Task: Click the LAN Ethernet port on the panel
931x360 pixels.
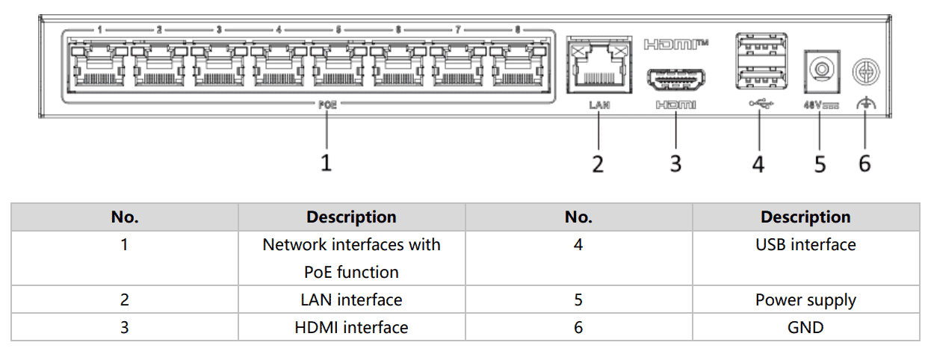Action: [598, 66]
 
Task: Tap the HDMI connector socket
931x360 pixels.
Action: [675, 78]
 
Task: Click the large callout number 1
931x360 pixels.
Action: [326, 162]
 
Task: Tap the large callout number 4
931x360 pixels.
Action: [758, 164]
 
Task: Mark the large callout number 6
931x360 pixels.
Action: [864, 163]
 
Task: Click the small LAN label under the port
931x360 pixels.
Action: [598, 105]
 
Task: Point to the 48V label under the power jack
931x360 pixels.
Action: [820, 105]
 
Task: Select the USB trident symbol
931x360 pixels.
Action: [761, 105]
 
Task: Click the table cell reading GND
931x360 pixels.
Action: [805, 327]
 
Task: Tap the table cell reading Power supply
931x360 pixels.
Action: [805, 300]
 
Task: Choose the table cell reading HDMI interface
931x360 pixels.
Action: [351, 327]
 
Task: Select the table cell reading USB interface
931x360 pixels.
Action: [805, 245]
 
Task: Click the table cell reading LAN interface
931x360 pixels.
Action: [351, 300]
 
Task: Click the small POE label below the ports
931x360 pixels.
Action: [327, 105]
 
